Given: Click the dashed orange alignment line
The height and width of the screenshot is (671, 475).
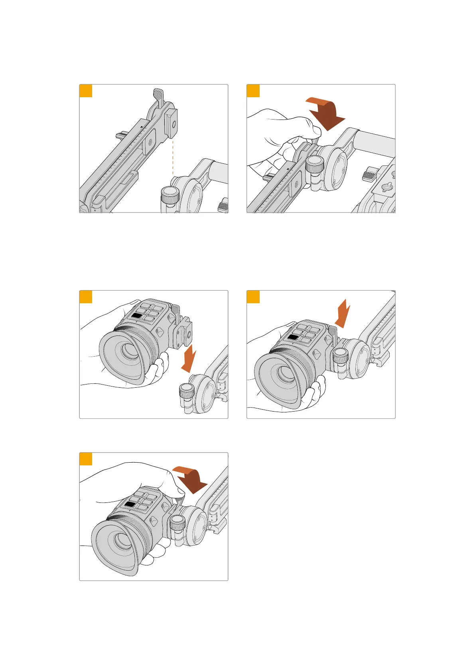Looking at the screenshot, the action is pos(173,155).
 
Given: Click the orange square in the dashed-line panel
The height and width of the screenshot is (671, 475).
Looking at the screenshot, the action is pos(86,91).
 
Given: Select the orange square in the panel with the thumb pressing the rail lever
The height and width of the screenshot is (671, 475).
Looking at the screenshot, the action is pos(253,91).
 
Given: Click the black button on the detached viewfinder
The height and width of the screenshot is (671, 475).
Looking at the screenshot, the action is pos(137,316).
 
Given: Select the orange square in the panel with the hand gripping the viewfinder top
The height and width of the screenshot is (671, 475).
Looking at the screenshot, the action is pos(86,459).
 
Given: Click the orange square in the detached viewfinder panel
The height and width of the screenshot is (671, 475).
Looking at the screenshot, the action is pos(86,297).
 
